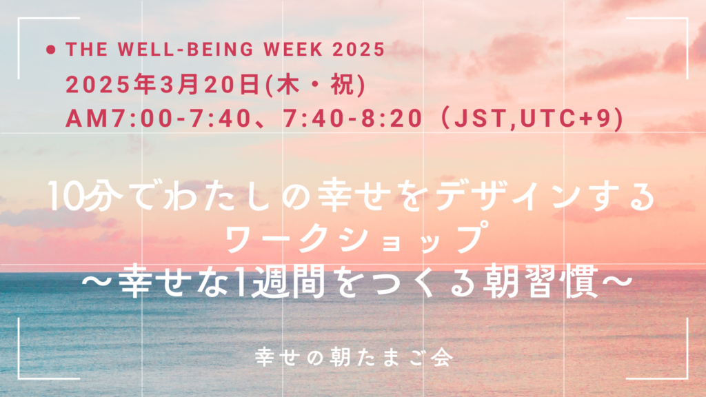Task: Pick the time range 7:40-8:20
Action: click(x=352, y=119)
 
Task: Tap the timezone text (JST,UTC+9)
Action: click(x=534, y=119)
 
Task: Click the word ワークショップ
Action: click(x=352, y=240)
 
